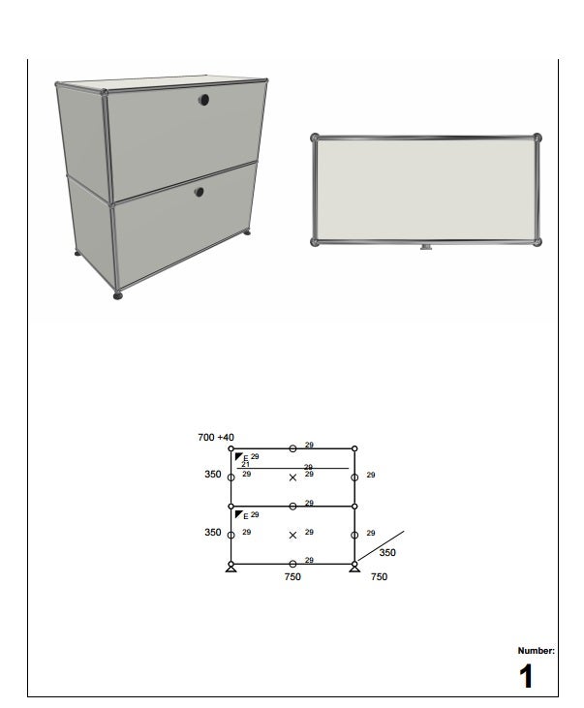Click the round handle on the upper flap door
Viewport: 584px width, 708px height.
point(203,100)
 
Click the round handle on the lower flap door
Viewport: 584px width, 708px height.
point(199,192)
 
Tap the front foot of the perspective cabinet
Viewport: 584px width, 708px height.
point(118,295)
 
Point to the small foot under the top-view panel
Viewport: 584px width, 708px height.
point(426,247)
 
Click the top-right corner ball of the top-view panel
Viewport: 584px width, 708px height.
point(537,138)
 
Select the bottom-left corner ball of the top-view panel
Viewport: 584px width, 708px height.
point(315,242)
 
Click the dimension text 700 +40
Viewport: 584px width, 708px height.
point(216,437)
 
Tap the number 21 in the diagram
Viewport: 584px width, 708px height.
point(245,464)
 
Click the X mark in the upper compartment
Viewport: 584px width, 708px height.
point(292,477)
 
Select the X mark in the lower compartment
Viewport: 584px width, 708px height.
point(292,535)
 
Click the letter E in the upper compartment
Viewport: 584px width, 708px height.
point(246,458)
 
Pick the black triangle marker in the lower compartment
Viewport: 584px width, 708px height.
point(238,514)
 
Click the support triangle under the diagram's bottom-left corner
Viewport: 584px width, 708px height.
point(231,569)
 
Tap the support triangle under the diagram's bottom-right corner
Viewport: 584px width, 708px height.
point(354,569)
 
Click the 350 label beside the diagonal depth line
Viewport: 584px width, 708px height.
point(387,552)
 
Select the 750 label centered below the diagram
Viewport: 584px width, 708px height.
point(292,576)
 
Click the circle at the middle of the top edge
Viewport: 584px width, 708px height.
point(292,448)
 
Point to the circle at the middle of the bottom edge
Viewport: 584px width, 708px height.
point(292,564)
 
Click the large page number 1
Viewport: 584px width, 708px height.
point(526,676)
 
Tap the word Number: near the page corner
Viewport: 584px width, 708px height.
point(537,651)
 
